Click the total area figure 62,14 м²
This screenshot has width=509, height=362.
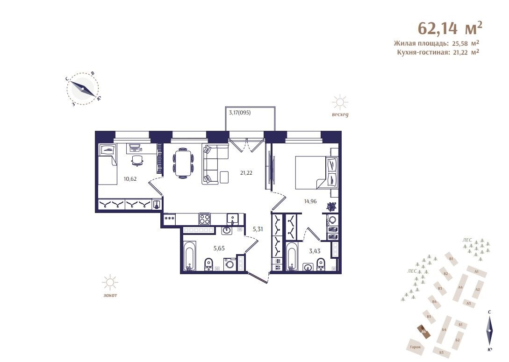pyautogui.click(x=449, y=28)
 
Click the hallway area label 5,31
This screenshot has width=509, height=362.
pyautogui.click(x=258, y=229)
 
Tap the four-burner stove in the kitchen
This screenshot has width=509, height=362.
pyautogui.click(x=204, y=219)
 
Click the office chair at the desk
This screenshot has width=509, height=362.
pyautogui.click(x=136, y=160)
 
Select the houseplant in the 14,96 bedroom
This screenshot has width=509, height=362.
pyautogui.click(x=331, y=206)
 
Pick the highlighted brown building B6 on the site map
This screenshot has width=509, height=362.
pyautogui.click(x=423, y=332)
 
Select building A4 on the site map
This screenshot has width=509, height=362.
pyautogui.click(x=460, y=288)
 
